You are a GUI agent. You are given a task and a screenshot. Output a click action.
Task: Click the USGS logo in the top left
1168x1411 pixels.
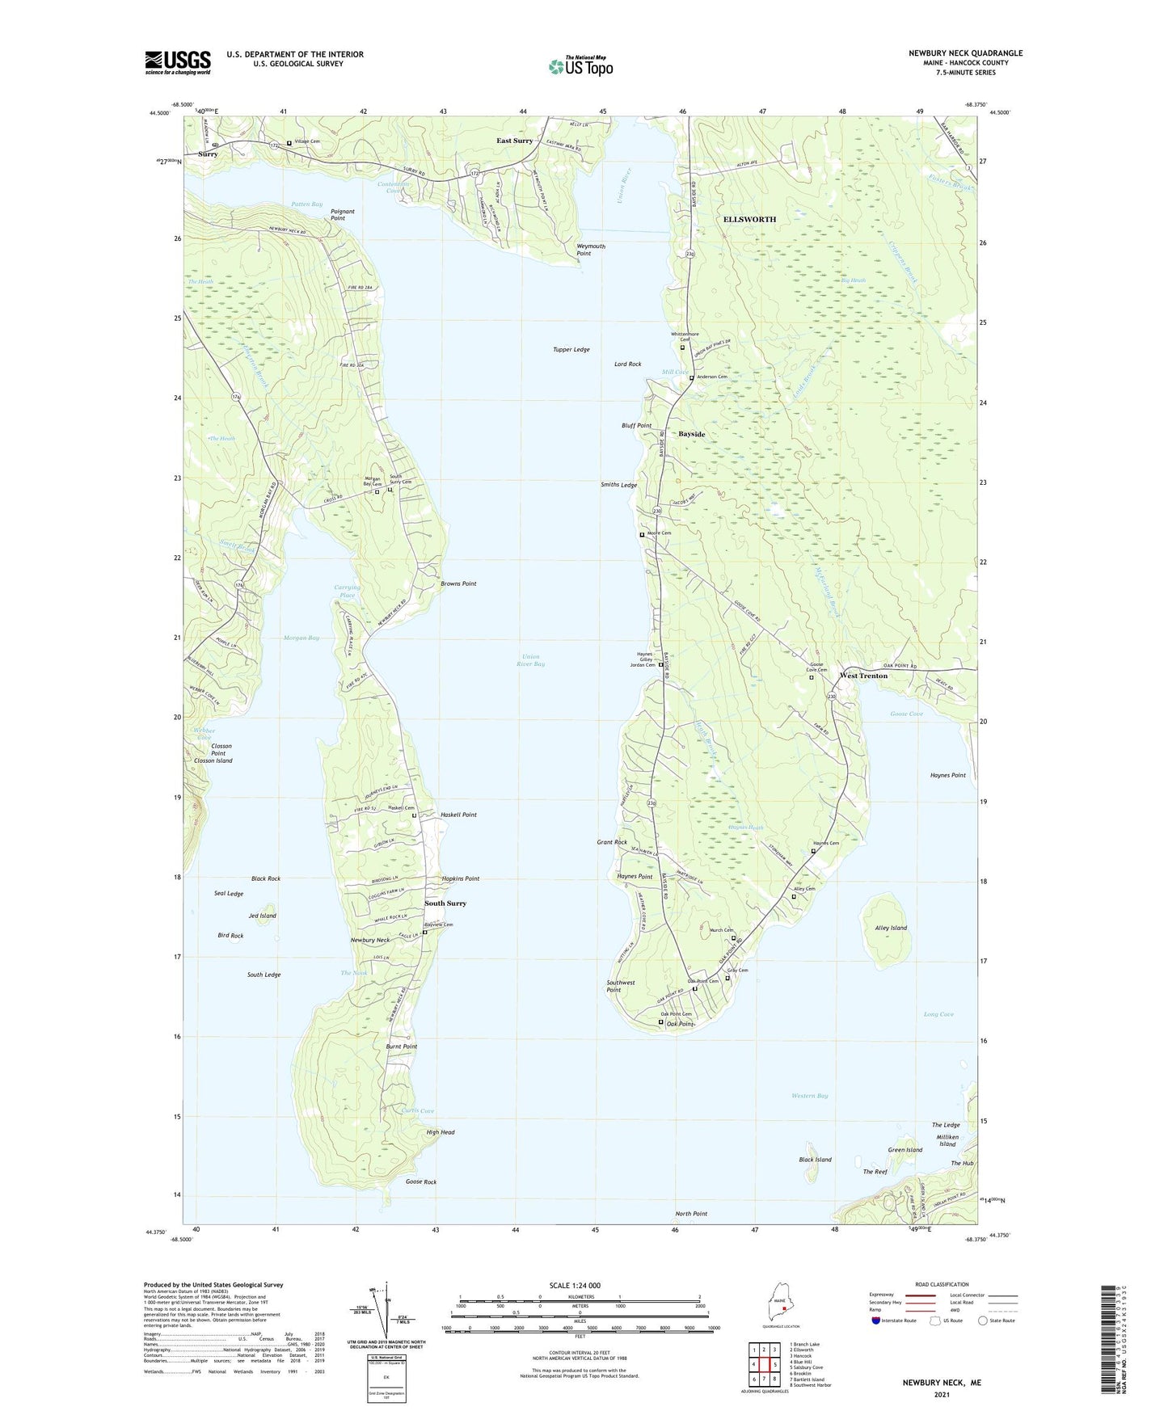[178, 62]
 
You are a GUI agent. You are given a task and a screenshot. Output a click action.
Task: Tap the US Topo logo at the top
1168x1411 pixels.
[581, 66]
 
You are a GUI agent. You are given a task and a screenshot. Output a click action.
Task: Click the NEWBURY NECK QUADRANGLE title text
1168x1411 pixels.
[965, 53]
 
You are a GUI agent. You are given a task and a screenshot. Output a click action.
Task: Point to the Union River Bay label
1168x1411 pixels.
[530, 660]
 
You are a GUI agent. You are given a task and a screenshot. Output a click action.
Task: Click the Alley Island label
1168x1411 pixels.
[891, 928]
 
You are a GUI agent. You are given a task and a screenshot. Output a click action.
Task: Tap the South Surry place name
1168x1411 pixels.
[445, 903]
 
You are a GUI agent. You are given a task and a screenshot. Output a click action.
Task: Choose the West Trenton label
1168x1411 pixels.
[863, 676]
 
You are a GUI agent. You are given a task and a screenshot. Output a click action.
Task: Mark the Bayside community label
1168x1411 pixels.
[691, 434]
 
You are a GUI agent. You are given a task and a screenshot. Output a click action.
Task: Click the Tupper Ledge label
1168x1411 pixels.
[571, 350]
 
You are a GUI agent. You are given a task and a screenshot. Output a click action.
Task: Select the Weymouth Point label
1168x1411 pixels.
[590, 250]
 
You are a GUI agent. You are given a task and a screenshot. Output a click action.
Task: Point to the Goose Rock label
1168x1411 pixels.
[420, 1181]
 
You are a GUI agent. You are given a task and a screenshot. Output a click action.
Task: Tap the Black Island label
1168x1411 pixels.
[815, 1160]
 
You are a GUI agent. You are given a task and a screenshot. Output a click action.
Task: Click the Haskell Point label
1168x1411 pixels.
[458, 815]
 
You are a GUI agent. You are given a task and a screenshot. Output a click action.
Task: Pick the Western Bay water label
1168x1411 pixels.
[809, 1096]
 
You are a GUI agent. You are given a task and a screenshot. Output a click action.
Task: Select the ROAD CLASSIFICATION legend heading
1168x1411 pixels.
[942, 1284]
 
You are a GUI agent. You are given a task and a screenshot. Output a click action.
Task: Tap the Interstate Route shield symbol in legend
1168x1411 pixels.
[876, 1321]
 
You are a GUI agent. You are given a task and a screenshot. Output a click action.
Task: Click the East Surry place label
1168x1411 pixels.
[514, 141]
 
